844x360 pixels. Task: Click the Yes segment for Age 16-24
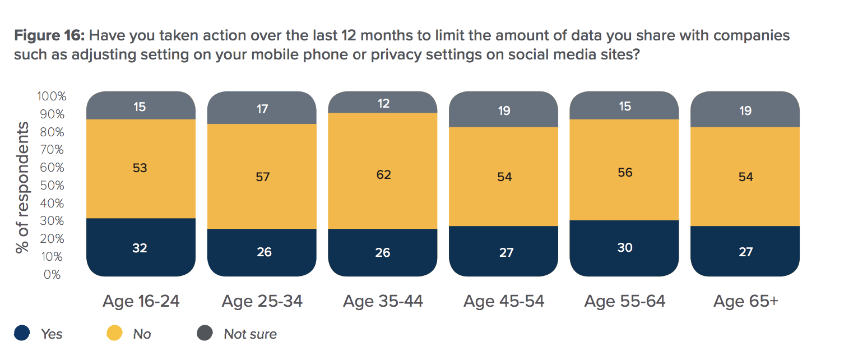[140, 247]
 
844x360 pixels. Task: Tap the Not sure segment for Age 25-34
[262, 108]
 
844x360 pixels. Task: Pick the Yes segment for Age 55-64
[624, 248]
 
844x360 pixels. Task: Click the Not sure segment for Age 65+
[745, 110]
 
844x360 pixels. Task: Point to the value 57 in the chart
[263, 177]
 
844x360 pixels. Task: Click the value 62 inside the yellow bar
[383, 175]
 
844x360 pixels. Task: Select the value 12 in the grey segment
[383, 104]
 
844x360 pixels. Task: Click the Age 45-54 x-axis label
[504, 301]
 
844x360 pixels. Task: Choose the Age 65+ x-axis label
[745, 301]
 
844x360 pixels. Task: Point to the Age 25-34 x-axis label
[262, 301]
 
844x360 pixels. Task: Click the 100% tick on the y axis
[52, 96]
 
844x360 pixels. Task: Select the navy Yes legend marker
[22, 334]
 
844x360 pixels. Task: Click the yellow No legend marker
[114, 334]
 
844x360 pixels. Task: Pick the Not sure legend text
[250, 334]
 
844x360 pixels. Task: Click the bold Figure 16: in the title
[49, 36]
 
